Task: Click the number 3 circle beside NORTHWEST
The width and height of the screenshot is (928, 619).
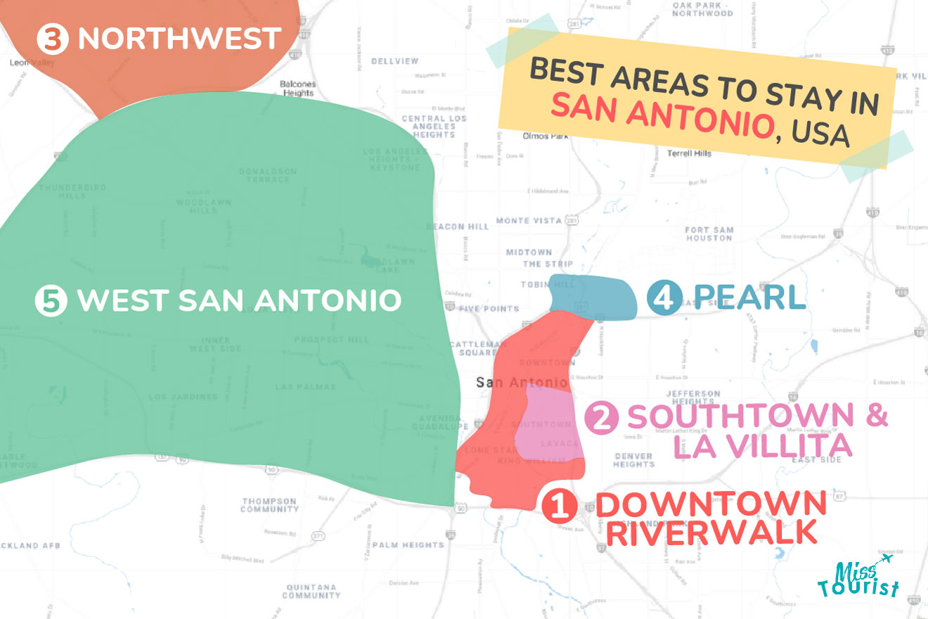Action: click(51, 39)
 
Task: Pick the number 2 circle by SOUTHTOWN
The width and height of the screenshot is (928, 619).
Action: click(602, 417)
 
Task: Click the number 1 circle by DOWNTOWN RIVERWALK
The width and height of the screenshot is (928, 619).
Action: click(560, 507)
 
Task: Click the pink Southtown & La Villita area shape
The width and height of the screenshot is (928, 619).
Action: click(548, 422)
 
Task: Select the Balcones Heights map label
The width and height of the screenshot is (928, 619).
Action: click(298, 89)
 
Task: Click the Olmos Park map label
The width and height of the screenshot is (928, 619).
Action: click(545, 136)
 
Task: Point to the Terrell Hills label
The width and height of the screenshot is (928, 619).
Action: click(689, 153)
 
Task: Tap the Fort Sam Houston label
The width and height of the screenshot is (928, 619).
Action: click(709, 234)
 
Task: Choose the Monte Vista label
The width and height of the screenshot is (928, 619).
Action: click(529, 221)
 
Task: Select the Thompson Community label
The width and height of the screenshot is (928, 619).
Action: click(271, 505)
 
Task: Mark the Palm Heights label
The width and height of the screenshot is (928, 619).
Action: click(408, 544)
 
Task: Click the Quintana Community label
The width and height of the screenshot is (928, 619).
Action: click(311, 591)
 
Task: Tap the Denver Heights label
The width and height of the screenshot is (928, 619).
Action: click(633, 459)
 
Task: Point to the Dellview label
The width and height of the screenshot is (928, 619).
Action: click(394, 61)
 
